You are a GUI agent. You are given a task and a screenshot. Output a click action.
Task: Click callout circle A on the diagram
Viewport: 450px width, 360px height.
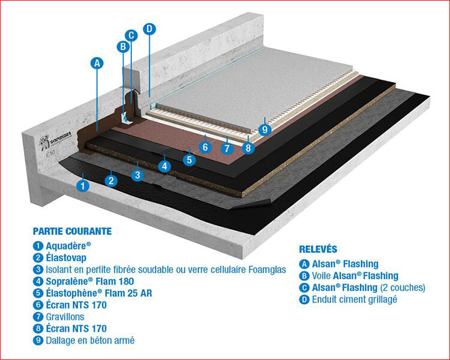coord(97,63)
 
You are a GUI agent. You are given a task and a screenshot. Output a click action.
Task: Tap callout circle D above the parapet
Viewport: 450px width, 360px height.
coord(149,29)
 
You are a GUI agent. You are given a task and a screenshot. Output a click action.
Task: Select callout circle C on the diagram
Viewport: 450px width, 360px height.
coord(131,35)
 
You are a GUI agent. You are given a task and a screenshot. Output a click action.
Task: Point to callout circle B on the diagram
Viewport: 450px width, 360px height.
coord(123,47)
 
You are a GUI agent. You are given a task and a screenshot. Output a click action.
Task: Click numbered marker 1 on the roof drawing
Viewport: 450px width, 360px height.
coord(83,186)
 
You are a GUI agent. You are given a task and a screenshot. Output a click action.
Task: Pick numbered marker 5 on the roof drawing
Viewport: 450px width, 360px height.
coord(189,160)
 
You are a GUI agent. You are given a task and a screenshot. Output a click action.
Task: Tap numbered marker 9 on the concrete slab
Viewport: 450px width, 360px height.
coord(265,130)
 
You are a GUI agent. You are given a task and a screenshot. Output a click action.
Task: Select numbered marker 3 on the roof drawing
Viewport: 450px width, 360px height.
coord(137,175)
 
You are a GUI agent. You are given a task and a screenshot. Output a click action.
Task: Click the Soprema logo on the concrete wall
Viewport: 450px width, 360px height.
coord(56,142)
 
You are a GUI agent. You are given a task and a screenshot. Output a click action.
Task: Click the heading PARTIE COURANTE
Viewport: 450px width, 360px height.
coord(73,231)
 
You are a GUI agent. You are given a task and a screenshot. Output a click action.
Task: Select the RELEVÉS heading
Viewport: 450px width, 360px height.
coord(318,249)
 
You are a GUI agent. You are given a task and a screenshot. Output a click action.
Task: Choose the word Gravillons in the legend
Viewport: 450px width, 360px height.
coord(65,317)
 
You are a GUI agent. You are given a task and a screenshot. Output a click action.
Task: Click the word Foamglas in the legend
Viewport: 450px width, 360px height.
coord(268,269)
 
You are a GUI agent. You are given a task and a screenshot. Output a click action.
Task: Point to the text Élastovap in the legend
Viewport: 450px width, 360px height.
coord(66,257)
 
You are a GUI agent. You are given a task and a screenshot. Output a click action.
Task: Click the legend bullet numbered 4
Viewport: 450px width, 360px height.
coord(38,281)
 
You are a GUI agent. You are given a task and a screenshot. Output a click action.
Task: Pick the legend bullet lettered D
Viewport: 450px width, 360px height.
coord(304,299)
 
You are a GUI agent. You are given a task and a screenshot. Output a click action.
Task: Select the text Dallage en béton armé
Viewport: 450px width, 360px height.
coord(90,340)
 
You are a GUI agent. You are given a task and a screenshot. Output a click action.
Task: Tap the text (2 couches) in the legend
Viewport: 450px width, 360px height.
coord(403,287)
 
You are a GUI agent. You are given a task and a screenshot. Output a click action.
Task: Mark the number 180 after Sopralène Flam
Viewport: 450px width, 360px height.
coord(126,281)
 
